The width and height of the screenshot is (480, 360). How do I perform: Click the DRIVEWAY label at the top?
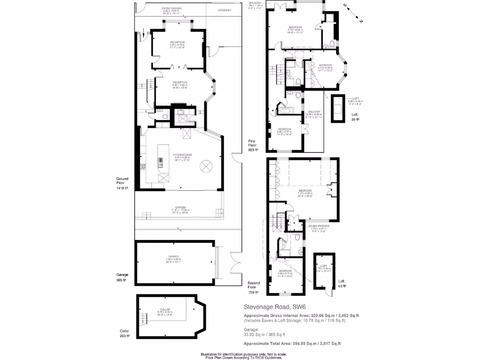pyautogui.click(x=225, y=10)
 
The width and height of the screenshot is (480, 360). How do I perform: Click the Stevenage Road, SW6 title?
pyautogui.click(x=268, y=307)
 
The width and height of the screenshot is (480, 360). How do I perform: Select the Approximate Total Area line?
pyautogui.click(x=292, y=344)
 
